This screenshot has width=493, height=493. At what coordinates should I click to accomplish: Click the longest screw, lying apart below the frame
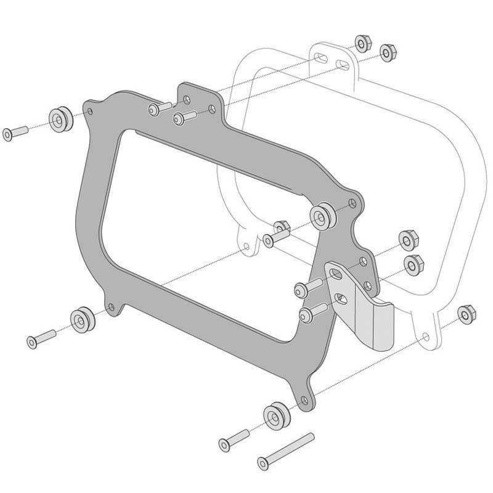pos(286,450)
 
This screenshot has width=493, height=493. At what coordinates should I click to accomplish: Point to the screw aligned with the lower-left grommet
pos(41,338)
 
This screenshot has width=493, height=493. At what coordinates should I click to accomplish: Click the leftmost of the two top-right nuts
pos(362,43)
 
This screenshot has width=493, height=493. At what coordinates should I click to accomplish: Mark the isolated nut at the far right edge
pos(465,314)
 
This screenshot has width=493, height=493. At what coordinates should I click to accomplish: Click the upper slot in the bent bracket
pos(335,273)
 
